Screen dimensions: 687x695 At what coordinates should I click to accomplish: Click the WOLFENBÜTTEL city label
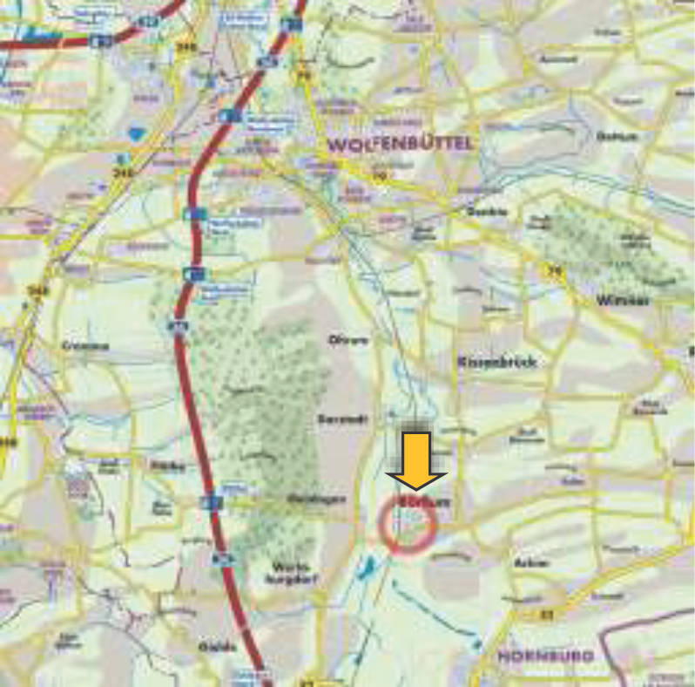coord(401,142)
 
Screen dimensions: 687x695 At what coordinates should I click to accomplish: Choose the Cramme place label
coord(85,346)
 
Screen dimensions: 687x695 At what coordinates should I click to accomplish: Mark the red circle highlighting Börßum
coord(408,525)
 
